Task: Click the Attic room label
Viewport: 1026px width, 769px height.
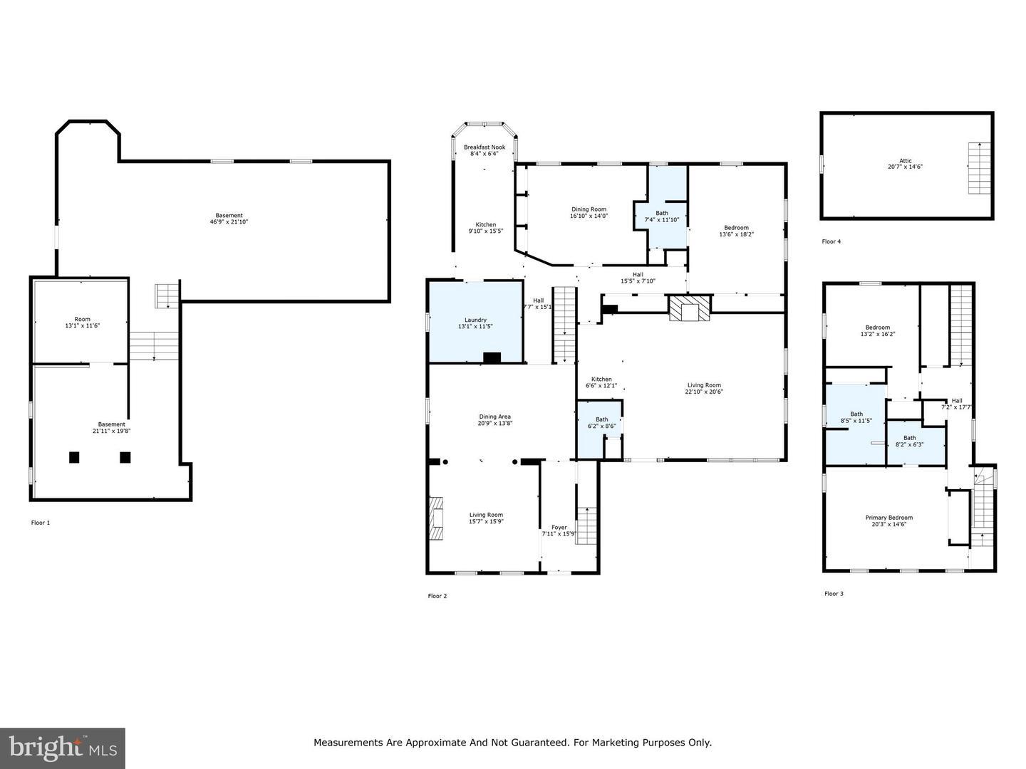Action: pos(905,161)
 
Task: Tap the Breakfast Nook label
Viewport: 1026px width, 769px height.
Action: pos(484,147)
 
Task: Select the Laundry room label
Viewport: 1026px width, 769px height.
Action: pos(475,320)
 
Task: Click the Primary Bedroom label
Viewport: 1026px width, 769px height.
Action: pos(888,518)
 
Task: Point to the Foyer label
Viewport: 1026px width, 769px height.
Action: pos(559,528)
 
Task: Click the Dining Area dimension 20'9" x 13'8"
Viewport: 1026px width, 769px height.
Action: pos(494,423)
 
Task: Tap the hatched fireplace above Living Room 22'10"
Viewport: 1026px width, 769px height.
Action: pos(689,309)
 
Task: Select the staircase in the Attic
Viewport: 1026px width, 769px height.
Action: pos(978,168)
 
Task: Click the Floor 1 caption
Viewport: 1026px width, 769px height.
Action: pos(41,523)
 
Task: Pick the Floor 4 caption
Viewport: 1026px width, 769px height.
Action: pos(831,241)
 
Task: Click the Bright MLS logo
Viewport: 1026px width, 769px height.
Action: pos(63,748)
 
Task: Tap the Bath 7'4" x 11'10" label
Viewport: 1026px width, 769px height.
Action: pos(662,216)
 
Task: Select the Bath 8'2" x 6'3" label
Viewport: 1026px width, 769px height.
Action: pos(909,441)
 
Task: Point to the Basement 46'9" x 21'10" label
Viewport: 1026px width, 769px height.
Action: pos(229,219)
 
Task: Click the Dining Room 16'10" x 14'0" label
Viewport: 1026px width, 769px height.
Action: pos(589,212)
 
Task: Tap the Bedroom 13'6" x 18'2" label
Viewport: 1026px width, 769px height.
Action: pos(736,231)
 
